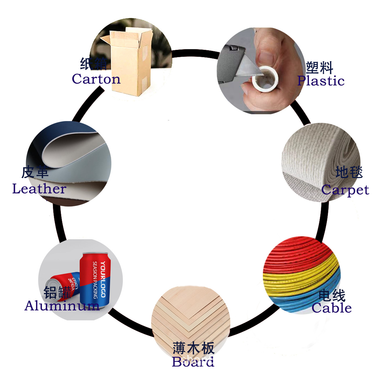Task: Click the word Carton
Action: point(96,79)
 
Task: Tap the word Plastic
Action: point(321,81)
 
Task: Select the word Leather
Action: point(39,189)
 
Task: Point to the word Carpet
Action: point(345,190)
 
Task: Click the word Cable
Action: point(332,308)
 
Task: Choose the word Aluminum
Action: point(62,306)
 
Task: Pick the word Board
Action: point(193,362)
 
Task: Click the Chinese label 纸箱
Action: point(93,64)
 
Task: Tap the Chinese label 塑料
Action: point(319,68)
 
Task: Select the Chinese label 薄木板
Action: point(194,348)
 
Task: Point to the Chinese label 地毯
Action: point(349,172)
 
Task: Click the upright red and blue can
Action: point(95,279)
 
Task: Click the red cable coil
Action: point(297,253)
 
